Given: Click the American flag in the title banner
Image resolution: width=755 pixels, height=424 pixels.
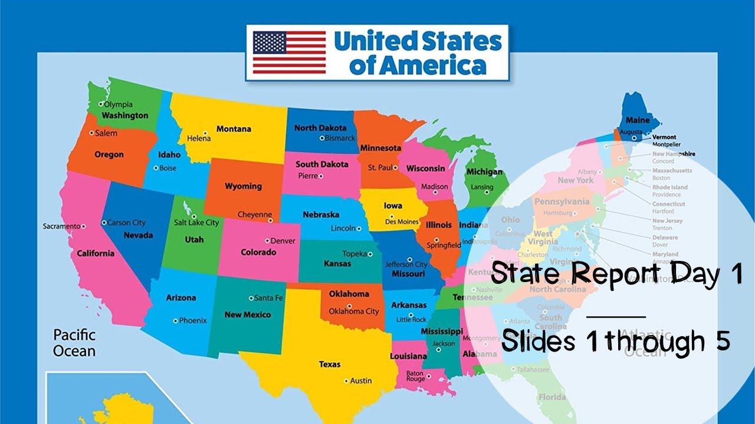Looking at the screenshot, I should [x=289, y=52].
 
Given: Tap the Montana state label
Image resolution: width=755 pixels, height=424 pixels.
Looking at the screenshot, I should [x=234, y=129].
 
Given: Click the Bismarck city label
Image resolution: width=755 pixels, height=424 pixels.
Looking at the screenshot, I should [x=340, y=138].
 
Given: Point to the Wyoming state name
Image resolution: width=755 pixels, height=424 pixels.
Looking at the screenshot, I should [x=243, y=186].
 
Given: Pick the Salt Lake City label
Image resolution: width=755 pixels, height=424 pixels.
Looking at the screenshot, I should [x=196, y=223].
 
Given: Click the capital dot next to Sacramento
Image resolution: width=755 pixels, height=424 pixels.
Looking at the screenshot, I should [x=84, y=226].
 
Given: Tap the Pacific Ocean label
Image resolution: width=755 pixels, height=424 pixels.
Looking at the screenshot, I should [x=74, y=343].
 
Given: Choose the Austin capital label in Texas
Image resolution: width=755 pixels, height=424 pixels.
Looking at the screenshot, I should [x=361, y=380].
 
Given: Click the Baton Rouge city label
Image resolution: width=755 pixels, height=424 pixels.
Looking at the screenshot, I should [x=415, y=376].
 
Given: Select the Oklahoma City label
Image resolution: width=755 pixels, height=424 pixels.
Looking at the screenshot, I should [x=354, y=311].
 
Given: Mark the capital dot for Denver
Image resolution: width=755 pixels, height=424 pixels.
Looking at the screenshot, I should [x=267, y=241].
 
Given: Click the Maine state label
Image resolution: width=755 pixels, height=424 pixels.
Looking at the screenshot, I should [x=638, y=120].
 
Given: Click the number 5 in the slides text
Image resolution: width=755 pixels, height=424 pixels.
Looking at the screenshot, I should [x=723, y=341].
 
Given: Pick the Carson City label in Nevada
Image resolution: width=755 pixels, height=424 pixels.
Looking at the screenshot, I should [x=126, y=223].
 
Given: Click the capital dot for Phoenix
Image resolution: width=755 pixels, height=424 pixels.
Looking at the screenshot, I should [x=175, y=321].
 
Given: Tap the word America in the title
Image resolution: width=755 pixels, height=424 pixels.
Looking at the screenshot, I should [x=418, y=66].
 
